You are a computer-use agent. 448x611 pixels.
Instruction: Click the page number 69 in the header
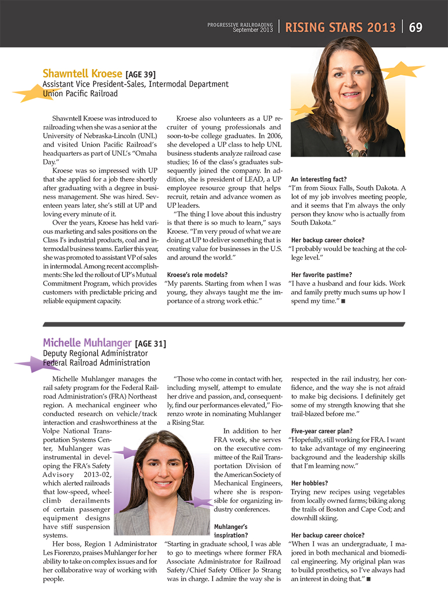415,27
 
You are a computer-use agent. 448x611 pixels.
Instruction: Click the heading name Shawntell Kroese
82,74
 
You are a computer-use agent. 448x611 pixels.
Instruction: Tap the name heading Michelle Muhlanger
87,343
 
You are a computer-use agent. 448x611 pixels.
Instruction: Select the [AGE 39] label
140,75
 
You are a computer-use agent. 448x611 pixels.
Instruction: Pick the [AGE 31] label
150,343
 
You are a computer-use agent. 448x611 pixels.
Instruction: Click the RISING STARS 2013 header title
340,27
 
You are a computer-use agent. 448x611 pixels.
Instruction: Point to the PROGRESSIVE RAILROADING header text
240,24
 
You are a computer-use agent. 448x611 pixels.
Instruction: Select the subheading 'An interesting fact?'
319,179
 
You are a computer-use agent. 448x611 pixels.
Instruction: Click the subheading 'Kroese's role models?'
197,275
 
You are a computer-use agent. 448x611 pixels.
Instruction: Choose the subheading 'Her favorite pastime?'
321,275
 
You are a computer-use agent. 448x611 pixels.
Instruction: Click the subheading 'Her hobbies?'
309,483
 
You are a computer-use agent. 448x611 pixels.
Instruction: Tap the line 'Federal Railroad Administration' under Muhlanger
96,363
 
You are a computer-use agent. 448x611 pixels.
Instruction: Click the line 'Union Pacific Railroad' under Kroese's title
80,93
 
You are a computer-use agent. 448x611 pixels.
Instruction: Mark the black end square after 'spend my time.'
343,302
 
